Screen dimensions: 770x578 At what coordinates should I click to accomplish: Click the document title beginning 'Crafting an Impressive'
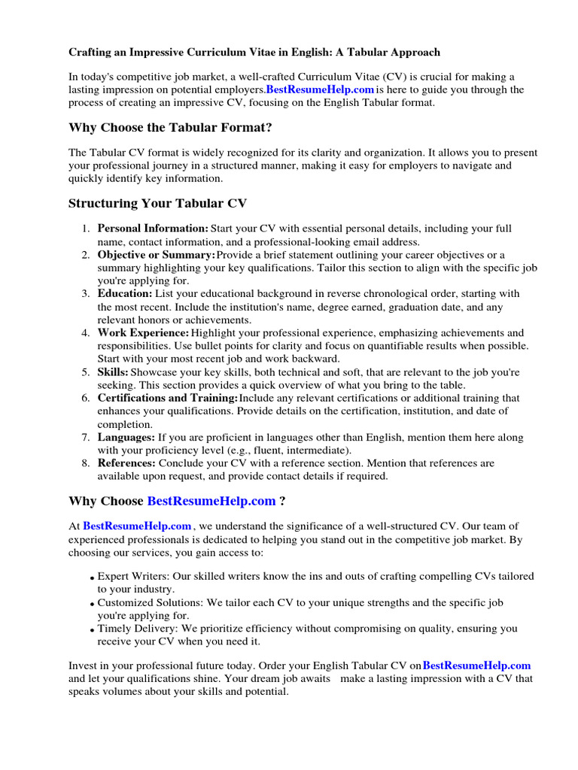pyautogui.click(x=254, y=53)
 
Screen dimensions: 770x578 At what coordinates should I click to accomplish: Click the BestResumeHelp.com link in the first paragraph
pyautogui.click(x=320, y=89)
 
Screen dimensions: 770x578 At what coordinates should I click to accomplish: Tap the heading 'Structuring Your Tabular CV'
pyautogui.click(x=157, y=204)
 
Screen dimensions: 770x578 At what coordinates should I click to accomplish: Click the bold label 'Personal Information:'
pyautogui.click(x=153, y=229)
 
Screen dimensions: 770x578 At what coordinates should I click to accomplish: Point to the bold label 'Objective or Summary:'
pyautogui.click(x=157, y=255)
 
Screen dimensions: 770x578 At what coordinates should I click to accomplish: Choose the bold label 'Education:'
pyautogui.click(x=125, y=294)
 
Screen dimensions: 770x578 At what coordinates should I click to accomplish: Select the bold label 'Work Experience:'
pyautogui.click(x=143, y=333)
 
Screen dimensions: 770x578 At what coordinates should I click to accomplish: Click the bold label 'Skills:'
pyautogui.click(x=113, y=372)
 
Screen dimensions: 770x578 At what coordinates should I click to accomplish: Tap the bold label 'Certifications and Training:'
pyautogui.click(x=168, y=398)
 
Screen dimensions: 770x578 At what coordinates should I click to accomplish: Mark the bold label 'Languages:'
pyautogui.click(x=126, y=437)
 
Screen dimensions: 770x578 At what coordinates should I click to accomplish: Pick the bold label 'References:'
pyautogui.click(x=126, y=463)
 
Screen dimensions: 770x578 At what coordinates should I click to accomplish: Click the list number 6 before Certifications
pyautogui.click(x=86, y=398)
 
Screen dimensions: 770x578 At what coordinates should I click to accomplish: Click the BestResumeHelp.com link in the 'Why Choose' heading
pyautogui.click(x=211, y=501)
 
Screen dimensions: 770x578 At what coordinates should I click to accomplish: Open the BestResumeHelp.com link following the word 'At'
pyautogui.click(x=137, y=526)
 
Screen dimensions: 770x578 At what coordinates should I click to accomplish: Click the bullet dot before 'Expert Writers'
pyautogui.click(x=91, y=577)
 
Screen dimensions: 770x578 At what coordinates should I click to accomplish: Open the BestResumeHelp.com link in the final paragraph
pyautogui.click(x=476, y=665)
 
